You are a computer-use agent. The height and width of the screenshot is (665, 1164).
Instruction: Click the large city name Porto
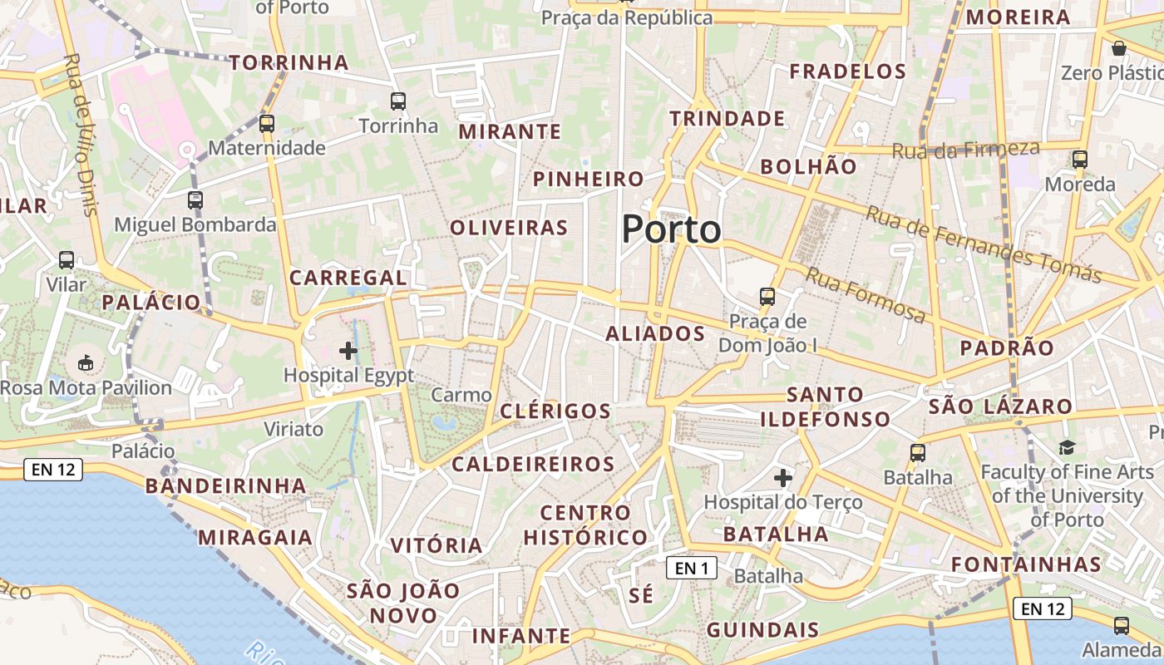(671, 229)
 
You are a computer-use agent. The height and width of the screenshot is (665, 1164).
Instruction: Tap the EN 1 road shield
(691, 569)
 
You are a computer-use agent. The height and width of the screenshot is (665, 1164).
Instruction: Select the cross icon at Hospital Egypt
(348, 351)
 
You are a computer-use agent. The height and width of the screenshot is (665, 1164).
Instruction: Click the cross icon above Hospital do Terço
(782, 478)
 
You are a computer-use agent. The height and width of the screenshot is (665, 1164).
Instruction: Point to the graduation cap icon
(1067, 448)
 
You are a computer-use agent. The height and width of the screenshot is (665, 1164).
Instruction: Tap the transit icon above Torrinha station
(398, 101)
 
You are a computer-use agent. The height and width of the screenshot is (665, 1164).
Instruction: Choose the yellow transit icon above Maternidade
(266, 124)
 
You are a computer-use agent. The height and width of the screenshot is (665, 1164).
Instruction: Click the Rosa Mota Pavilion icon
(86, 362)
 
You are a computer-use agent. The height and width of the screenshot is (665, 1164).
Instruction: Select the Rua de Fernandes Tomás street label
(984, 243)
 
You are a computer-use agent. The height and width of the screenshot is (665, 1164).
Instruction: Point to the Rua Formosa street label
(865, 295)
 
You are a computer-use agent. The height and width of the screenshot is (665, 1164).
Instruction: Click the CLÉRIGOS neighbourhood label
(555, 411)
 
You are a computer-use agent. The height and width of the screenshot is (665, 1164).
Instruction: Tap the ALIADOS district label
(655, 334)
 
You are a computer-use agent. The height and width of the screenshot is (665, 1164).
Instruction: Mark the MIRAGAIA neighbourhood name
(255, 537)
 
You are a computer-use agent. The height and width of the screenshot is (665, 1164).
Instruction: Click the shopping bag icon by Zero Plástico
(1118, 48)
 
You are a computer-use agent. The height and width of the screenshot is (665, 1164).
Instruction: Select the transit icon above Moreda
(1079, 159)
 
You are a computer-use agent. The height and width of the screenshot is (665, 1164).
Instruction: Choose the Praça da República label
(627, 17)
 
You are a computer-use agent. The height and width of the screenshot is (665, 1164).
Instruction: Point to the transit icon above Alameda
(1121, 625)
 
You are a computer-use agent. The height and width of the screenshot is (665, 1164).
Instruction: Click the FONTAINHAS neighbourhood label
(1026, 564)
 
